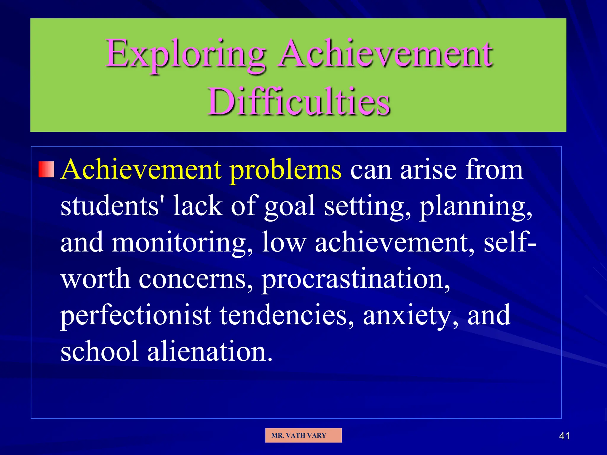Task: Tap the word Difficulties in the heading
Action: tap(299, 102)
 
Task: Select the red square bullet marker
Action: tap(47, 169)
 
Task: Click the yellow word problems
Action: tap(286, 170)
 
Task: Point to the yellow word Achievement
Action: tap(141, 169)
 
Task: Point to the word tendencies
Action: tap(286, 315)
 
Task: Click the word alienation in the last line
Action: tap(209, 351)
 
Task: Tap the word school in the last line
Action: tap(99, 351)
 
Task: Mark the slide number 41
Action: tap(564, 436)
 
